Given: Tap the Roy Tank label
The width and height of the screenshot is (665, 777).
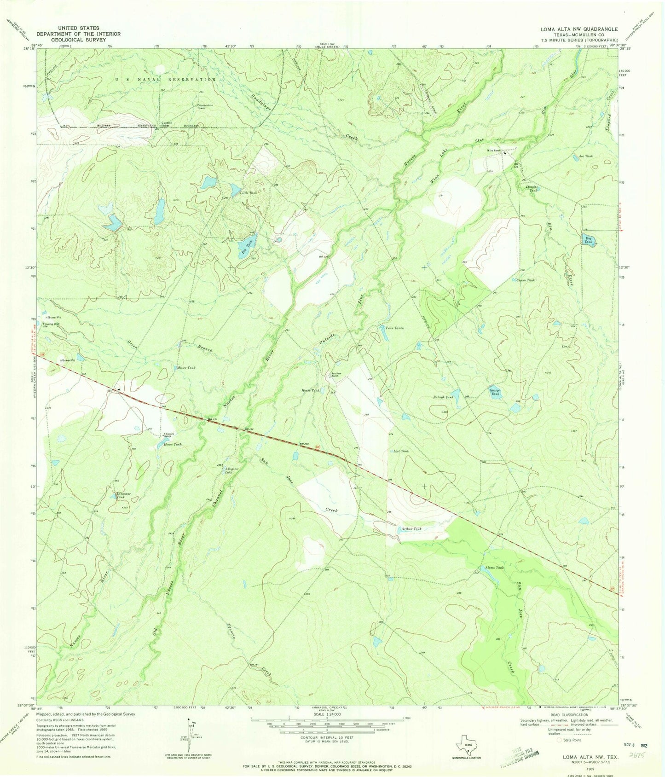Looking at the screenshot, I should [588, 239].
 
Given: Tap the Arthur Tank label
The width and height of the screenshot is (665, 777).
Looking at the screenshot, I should [411, 529].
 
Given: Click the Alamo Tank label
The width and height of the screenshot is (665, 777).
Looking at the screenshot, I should [494, 568].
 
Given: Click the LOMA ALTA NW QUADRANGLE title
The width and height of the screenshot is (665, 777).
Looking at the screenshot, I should [579, 29].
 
